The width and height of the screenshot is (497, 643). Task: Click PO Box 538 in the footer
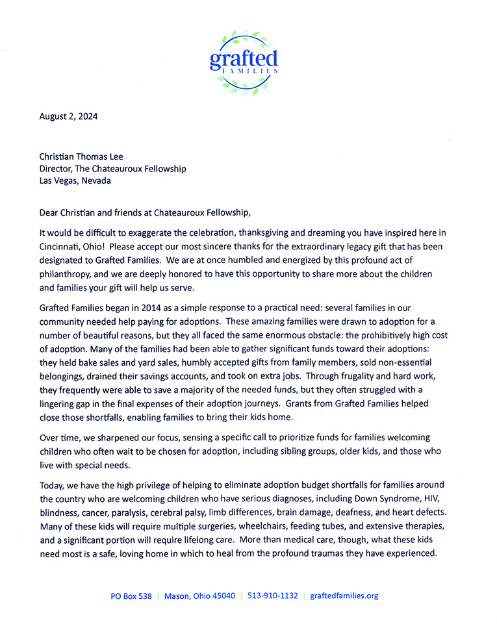click(x=131, y=596)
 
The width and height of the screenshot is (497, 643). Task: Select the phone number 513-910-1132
click(x=272, y=596)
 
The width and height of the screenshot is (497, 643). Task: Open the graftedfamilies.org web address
click(x=344, y=596)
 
